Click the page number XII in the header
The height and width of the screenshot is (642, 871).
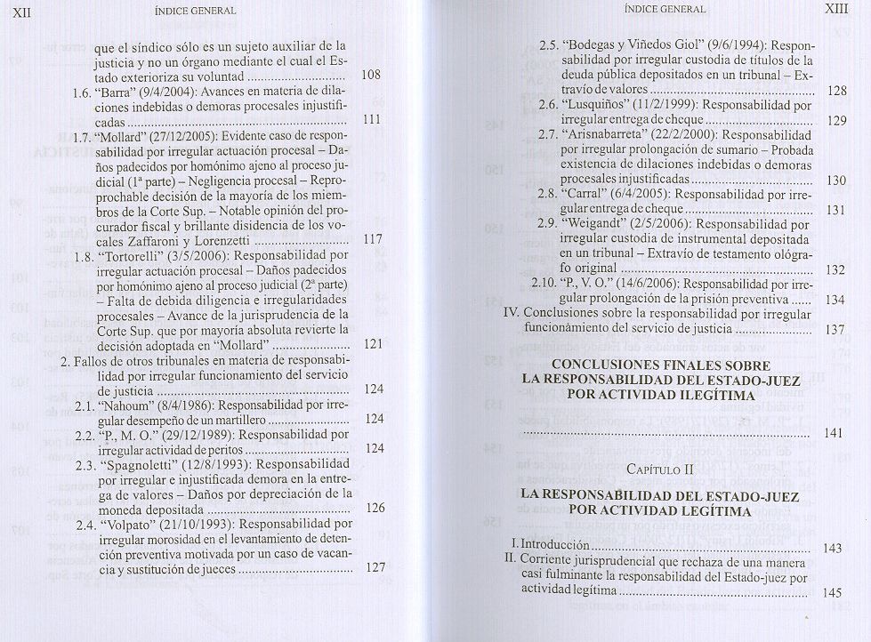pyautogui.click(x=19, y=11)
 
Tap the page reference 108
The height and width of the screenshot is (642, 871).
pyautogui.click(x=372, y=75)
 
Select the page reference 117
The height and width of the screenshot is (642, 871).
pyautogui.click(x=372, y=239)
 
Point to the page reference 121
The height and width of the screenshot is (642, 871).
pyautogui.click(x=374, y=344)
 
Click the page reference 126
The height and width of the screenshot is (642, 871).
pyautogui.click(x=375, y=508)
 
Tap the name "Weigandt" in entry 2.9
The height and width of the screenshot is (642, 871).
pyautogui.click(x=595, y=225)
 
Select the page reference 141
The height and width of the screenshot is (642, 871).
pyautogui.click(x=833, y=433)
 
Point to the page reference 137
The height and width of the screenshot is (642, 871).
pyautogui.click(x=834, y=329)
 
